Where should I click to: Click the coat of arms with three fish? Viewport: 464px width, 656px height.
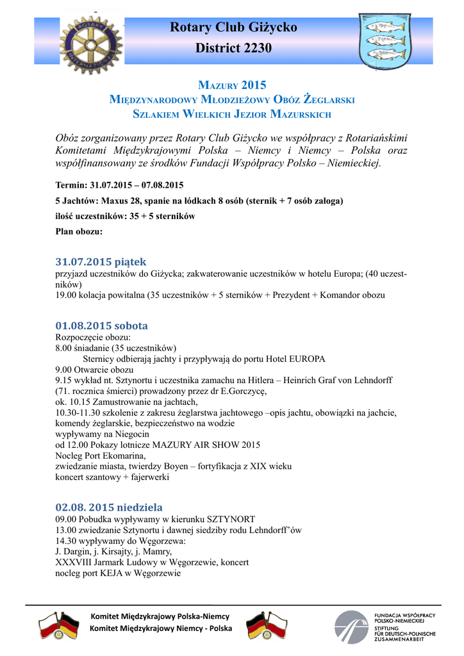(x=383, y=41)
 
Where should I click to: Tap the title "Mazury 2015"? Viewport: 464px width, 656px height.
(x=231, y=85)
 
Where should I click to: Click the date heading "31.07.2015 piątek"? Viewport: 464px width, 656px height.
(x=101, y=261)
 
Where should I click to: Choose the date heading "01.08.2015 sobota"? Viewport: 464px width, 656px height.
(x=101, y=325)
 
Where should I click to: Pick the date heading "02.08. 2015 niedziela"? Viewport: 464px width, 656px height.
(x=109, y=507)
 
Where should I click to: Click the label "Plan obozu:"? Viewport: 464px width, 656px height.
(x=79, y=231)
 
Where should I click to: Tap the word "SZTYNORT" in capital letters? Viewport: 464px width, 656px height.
(x=229, y=519)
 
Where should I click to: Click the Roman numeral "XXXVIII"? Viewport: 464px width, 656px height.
(x=71, y=562)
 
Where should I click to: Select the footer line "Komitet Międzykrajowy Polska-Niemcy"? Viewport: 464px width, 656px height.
(x=160, y=616)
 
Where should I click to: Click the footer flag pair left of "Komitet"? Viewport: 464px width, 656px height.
(x=58, y=625)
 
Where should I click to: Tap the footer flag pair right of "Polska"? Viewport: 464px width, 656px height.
(x=267, y=625)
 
